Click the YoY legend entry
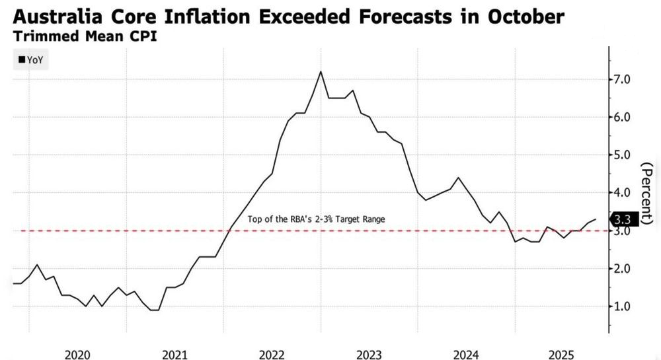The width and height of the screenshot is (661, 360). tap(31, 60)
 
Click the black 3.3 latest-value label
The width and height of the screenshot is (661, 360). tap(622, 219)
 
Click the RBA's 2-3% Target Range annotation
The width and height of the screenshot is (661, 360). tap(316, 219)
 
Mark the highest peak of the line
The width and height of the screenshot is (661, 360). tap(321, 71)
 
